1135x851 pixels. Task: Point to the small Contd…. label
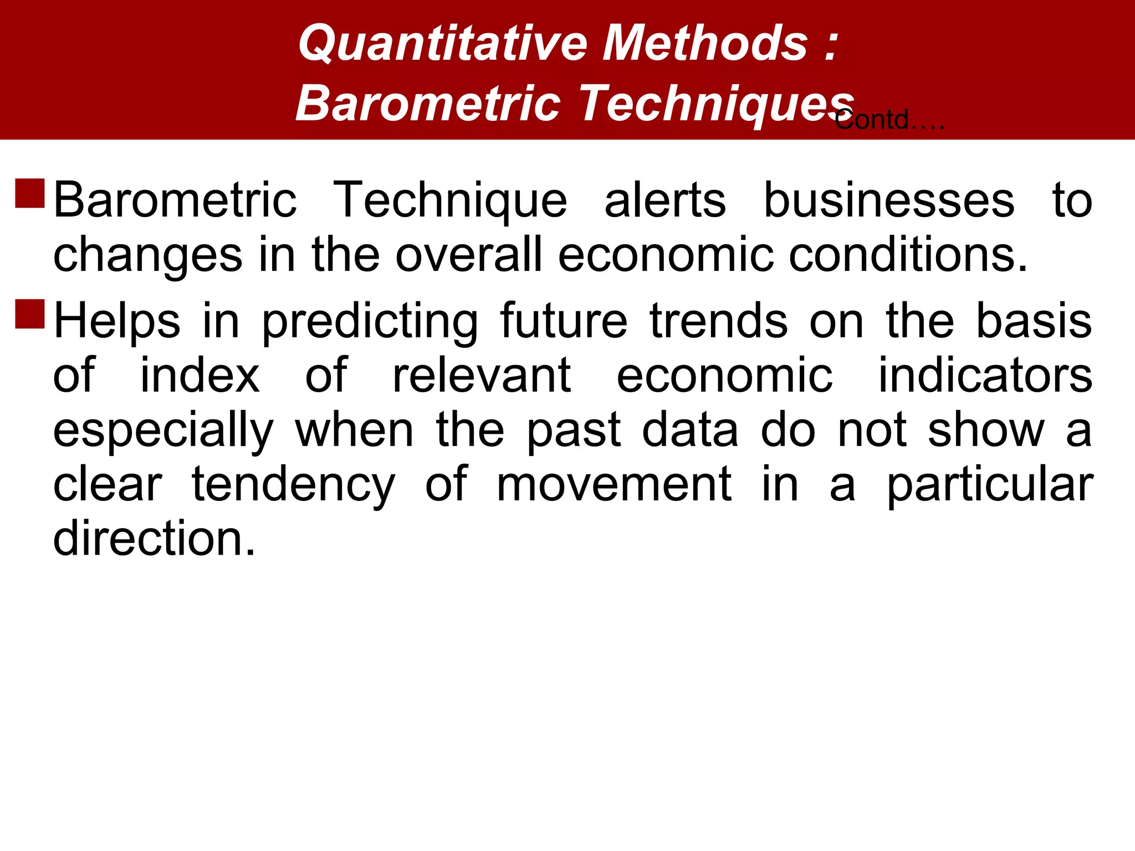point(889,120)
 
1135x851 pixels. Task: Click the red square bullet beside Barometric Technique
point(30,193)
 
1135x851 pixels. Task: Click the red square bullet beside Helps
point(30,314)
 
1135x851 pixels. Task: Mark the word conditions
point(908,255)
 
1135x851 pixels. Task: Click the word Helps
point(117,321)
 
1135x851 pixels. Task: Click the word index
point(200,375)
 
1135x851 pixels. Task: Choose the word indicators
point(985,375)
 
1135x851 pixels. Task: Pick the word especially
point(163,431)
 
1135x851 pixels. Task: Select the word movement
point(613,484)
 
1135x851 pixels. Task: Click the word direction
point(154,539)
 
